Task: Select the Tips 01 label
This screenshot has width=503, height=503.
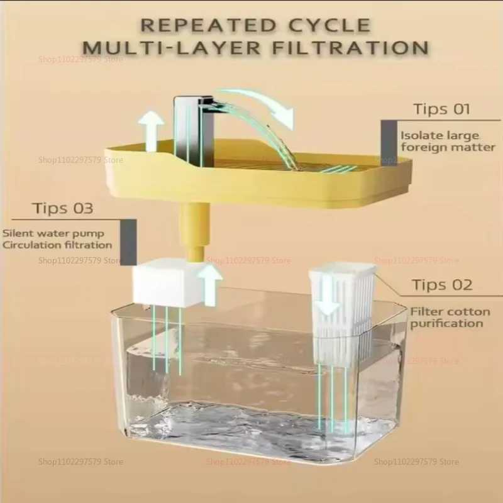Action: point(441,109)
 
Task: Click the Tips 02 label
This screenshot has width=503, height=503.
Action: point(442,285)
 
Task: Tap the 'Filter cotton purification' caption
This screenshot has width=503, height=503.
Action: point(446,317)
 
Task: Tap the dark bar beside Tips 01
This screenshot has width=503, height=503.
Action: point(388,140)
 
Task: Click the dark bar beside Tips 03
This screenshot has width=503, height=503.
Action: point(128,242)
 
